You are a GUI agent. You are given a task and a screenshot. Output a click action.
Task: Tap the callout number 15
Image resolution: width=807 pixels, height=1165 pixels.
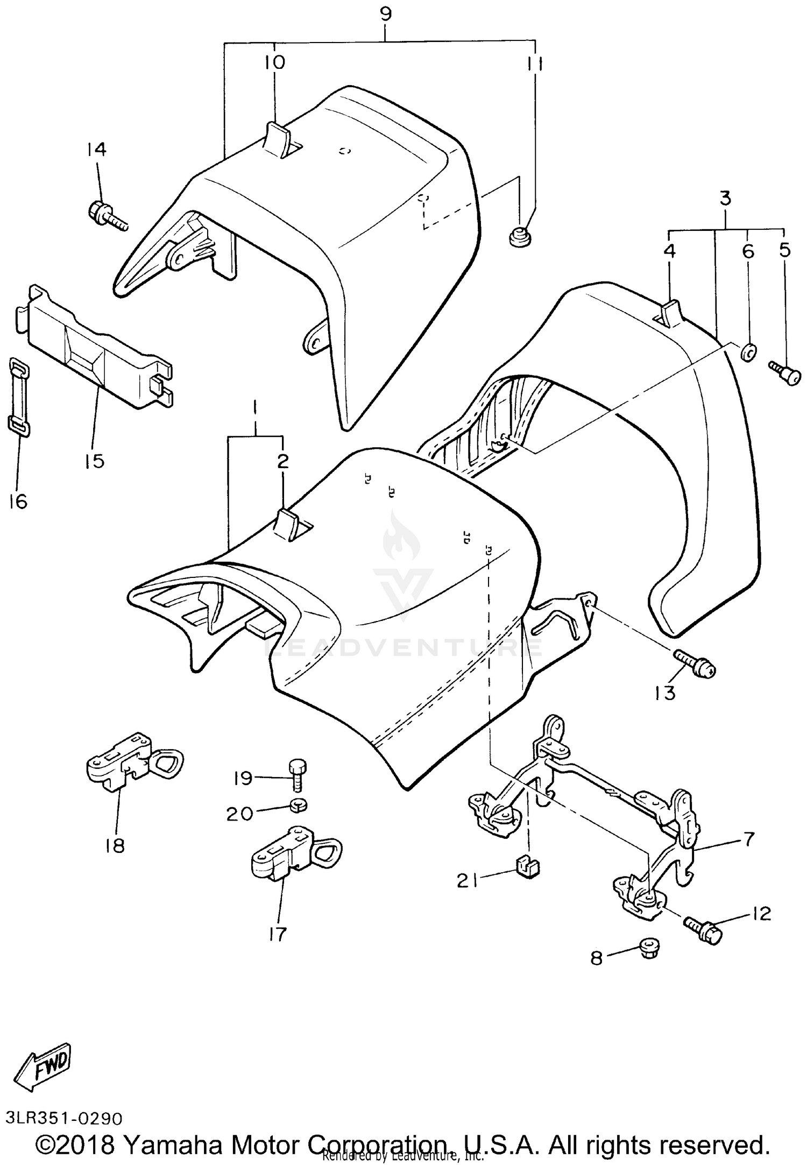pyautogui.click(x=95, y=461)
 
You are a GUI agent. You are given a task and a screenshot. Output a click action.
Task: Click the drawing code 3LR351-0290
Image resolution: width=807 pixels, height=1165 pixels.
pyautogui.click(x=65, y=1118)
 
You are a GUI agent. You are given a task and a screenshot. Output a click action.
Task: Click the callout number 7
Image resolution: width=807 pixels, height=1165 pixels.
pyautogui.click(x=749, y=838)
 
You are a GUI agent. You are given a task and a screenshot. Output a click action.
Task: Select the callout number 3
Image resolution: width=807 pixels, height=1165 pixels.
pyautogui.click(x=725, y=199)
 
